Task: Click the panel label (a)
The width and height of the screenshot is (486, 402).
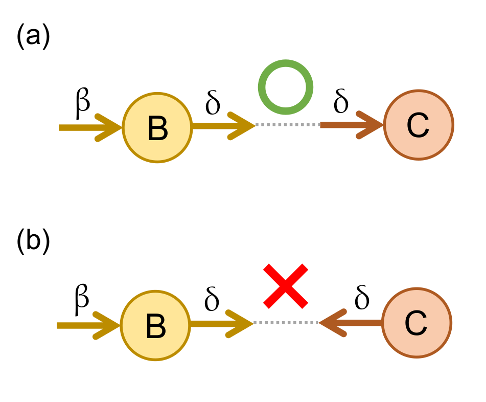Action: click(x=33, y=38)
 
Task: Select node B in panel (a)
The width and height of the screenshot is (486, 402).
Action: click(x=157, y=128)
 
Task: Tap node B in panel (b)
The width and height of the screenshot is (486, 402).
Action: click(x=155, y=326)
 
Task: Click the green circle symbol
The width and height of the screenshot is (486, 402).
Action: click(x=285, y=87)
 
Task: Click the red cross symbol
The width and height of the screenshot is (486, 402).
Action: click(x=286, y=286)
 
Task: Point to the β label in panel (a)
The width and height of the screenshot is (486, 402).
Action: click(x=82, y=102)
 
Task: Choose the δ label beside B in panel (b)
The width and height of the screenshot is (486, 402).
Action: click(x=212, y=300)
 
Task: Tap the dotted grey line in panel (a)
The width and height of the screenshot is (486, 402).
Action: click(x=287, y=125)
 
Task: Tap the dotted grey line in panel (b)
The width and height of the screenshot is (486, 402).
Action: click(x=286, y=323)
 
